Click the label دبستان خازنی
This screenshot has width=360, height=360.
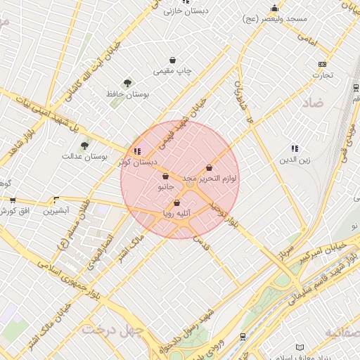tap(183, 11)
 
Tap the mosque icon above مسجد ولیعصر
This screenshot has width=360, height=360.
tap(274, 8)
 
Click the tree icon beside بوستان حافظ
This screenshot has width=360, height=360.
tap(127, 84)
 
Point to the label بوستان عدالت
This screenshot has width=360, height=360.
tap(84, 157)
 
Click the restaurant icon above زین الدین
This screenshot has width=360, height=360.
tap(294, 148)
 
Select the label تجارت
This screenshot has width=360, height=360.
tap(322, 75)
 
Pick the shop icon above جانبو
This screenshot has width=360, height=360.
tap(165, 176)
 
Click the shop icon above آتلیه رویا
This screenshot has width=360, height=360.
tap(176, 202)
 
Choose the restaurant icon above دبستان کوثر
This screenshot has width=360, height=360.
tap(136, 151)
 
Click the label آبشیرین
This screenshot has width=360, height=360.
tap(56, 211)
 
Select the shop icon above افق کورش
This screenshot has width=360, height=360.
tap(12, 200)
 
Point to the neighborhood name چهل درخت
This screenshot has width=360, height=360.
tap(112, 329)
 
